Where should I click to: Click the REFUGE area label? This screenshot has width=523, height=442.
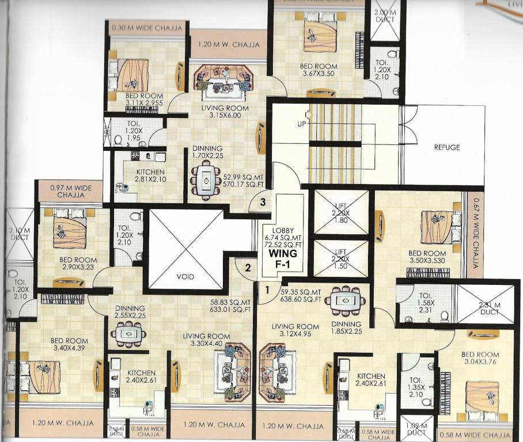coord(447,147)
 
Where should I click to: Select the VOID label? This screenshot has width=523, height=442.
coord(184,277)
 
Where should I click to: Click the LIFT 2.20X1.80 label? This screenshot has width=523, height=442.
coord(340,212)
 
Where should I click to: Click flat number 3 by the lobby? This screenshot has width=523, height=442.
coord(263,202)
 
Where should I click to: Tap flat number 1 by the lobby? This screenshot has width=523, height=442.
coord(268,290)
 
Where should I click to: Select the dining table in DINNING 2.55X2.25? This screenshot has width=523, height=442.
coord(128,334)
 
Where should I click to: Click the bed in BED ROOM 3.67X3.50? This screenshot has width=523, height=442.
coord(320,36)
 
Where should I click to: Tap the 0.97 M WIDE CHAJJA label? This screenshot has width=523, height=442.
coord(70,191)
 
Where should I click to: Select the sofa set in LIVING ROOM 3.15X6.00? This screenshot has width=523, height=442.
coord(222,81)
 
